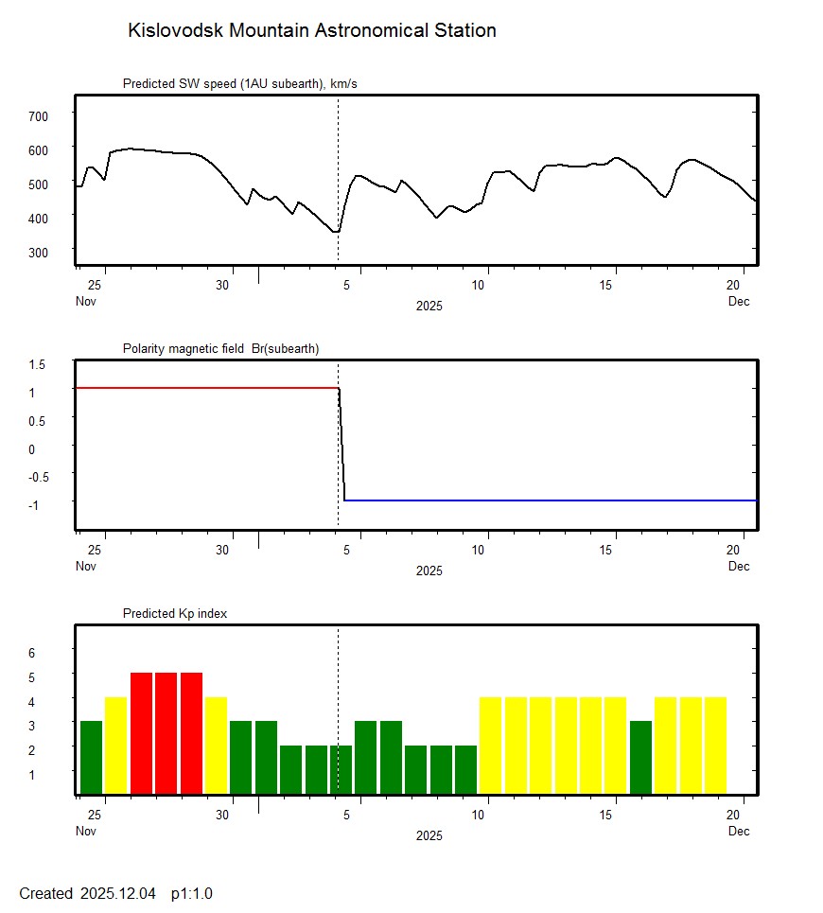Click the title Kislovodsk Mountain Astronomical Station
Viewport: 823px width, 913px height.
311,30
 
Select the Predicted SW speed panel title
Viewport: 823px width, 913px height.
239,84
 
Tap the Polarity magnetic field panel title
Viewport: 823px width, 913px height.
220,349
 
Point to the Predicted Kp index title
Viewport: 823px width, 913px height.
175,614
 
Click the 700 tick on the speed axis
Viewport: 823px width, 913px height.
38,115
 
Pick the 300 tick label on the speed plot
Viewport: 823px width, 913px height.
38,252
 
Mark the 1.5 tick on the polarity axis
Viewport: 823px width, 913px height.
38,364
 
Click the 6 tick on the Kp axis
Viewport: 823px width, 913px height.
31,653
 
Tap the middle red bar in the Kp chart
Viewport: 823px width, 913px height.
166,732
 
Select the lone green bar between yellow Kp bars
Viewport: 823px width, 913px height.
640,757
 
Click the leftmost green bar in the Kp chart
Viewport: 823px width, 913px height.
91,757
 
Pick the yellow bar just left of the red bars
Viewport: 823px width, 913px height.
116,745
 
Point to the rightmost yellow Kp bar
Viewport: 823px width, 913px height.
715,745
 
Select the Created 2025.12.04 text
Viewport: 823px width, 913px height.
87,893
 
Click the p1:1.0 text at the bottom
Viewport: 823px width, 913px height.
192,893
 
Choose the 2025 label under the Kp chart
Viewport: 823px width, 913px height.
429,836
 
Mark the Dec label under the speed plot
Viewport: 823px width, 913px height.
739,302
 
